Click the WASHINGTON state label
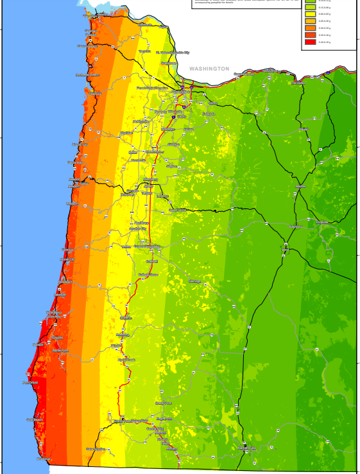tap(210, 68)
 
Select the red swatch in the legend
tap(309, 42)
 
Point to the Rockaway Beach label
tap(88, 75)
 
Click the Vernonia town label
tap(144, 51)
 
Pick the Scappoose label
tap(169, 63)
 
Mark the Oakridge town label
tap(195, 282)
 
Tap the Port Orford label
tap(30, 383)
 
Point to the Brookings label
tap(43, 459)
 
